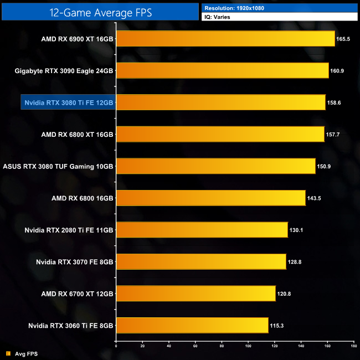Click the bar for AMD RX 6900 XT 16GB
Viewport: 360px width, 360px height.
(x=225, y=39)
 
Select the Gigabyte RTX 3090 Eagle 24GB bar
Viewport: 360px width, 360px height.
(x=222, y=70)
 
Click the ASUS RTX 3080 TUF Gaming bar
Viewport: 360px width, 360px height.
(x=215, y=166)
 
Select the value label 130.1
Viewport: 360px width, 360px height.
(x=297, y=230)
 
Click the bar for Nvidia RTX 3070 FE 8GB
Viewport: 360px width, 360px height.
(x=200, y=261)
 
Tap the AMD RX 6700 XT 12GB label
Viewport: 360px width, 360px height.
(x=77, y=293)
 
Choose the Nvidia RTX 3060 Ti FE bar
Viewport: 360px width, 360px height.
(x=192, y=325)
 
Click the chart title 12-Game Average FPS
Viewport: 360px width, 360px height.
(x=100, y=11)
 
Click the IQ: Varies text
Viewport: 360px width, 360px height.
(x=219, y=17)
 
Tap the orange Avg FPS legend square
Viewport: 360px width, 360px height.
(x=8, y=353)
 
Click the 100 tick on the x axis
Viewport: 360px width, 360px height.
(x=248, y=346)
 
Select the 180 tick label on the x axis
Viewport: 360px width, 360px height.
(x=353, y=346)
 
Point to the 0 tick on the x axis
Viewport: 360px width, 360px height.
(x=116, y=346)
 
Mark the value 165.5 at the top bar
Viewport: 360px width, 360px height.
(x=343, y=39)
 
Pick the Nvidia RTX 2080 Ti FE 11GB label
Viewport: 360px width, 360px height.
(x=69, y=230)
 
